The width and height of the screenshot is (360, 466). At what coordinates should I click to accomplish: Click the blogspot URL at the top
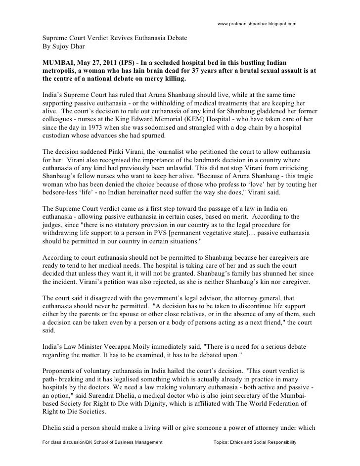click(x=257, y=23)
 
